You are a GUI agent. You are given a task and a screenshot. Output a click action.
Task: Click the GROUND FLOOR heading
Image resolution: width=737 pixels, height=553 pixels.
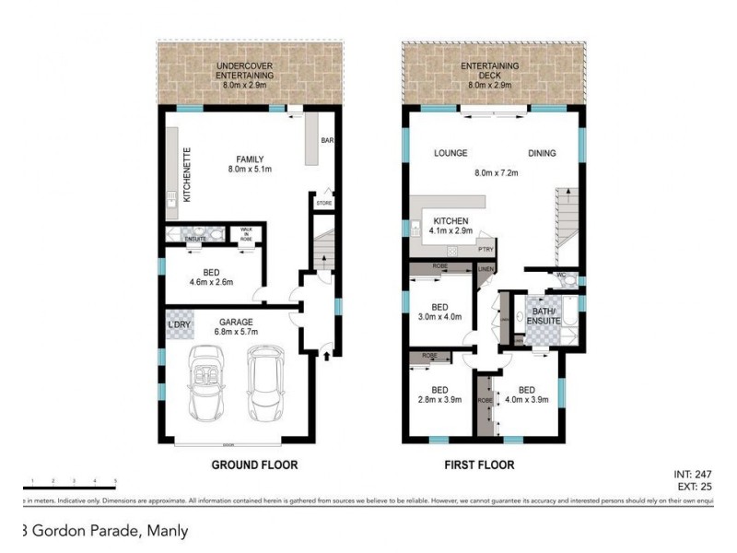tap(255, 465)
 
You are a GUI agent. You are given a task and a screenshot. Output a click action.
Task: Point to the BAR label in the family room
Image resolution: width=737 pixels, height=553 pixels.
tap(325, 141)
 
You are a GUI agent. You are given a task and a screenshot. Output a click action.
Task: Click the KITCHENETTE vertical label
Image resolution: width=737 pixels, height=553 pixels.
tap(186, 175)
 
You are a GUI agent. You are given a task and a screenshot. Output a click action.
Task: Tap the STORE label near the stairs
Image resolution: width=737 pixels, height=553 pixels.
tap(323, 203)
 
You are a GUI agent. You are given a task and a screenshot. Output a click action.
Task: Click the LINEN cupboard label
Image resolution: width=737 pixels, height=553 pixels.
tap(486, 268)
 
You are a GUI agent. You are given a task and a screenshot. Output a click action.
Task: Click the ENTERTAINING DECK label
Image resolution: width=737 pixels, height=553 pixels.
tap(490, 72)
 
